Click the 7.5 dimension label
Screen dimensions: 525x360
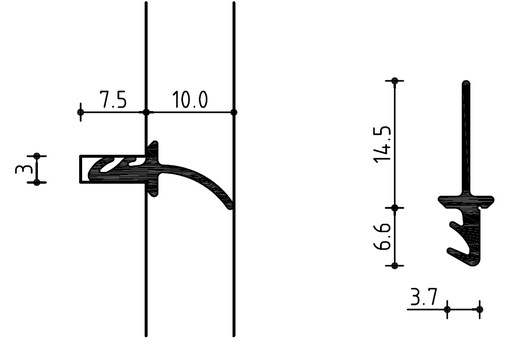tap(114, 99)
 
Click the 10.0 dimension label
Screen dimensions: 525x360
tap(190, 99)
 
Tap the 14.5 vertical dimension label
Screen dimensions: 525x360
tap(382, 144)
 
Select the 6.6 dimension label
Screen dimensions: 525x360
tap(382, 236)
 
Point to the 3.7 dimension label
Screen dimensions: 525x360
tap(424, 297)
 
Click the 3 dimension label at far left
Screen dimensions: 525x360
tap(24, 169)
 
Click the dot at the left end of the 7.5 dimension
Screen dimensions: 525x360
tap(81, 112)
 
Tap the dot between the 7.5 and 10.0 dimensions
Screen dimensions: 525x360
tap(146, 112)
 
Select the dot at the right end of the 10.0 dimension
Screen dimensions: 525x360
tap(234, 112)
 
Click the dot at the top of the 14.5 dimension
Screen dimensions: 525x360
tap(395, 81)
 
